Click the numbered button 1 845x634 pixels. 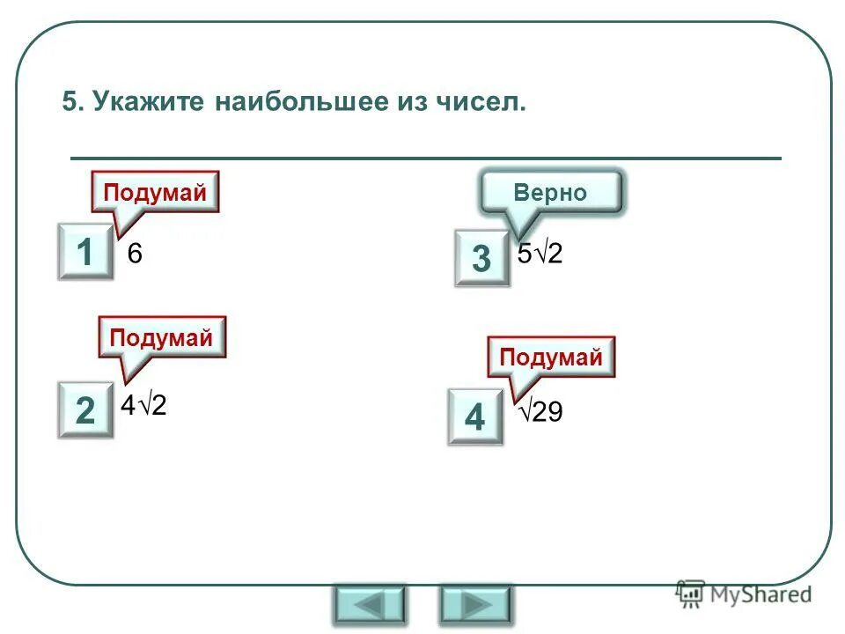pos(85,253)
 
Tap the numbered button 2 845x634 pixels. pos(85,410)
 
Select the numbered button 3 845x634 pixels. pos(481,258)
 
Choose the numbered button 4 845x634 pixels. pos(474,417)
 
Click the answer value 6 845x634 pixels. pos(135,254)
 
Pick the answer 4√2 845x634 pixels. pos(144,407)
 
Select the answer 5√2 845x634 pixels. pos(540,254)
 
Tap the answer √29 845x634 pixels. pos(540,412)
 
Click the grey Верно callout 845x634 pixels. pos(551,193)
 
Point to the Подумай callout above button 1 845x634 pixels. pos(155,192)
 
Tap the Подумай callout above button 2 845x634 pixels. pos(161,337)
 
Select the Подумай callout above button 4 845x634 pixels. pos(551,357)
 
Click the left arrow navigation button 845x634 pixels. pos(370,605)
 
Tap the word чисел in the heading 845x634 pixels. pos(480,103)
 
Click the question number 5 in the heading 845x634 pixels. pos(70,103)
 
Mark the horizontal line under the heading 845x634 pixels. pos(425,158)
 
